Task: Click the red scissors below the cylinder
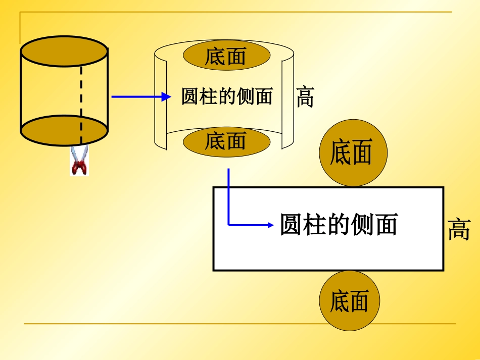[x=79, y=161]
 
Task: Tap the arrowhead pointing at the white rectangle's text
[x=269, y=225]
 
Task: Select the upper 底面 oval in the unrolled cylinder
[x=226, y=56]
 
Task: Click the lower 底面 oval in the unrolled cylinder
[x=226, y=142]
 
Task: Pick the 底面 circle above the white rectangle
[x=353, y=152]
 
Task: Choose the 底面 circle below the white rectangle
[x=349, y=301]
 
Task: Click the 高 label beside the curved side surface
[x=305, y=97]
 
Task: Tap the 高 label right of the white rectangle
[x=459, y=230]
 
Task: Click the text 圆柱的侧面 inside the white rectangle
[x=339, y=225]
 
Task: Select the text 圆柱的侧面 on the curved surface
[x=227, y=96]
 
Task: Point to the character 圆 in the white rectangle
[x=292, y=225]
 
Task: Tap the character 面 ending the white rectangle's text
[x=386, y=225]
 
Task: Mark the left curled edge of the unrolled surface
[x=160, y=98]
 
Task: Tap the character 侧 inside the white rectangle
[x=363, y=225]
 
